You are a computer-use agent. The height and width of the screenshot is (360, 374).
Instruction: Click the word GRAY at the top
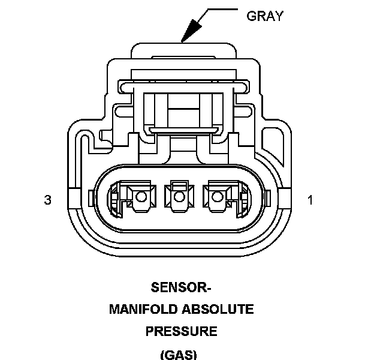(264, 16)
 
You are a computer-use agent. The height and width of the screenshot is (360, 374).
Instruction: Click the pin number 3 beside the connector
(47, 200)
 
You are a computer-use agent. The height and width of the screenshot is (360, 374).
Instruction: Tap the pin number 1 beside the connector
(310, 200)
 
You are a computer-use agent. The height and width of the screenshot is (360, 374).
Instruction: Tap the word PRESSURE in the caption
(181, 331)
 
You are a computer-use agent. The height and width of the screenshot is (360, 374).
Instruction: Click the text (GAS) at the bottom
(179, 353)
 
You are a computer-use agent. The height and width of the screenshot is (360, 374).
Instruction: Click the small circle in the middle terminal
(178, 196)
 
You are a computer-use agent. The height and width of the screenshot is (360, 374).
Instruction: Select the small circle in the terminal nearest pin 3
(140, 196)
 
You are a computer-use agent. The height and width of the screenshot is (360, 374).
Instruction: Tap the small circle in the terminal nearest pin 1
(216, 196)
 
